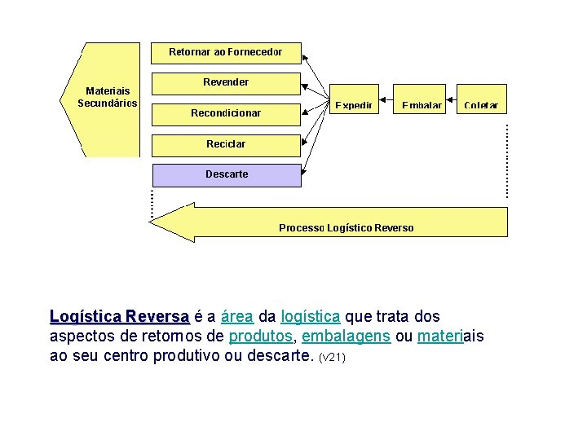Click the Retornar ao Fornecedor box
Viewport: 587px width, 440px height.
click(226, 52)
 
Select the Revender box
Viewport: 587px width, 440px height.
click(226, 82)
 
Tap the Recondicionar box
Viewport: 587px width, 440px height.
click(226, 113)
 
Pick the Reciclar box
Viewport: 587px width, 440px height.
click(226, 144)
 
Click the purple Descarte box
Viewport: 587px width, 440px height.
click(227, 174)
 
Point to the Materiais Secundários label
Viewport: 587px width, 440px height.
click(108, 97)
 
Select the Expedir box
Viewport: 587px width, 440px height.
click(354, 99)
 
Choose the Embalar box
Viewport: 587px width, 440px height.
click(421, 99)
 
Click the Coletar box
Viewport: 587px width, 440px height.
click(481, 99)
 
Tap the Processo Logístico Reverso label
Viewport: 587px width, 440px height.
click(346, 228)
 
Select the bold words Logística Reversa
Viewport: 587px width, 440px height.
click(119, 316)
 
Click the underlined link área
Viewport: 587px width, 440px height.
click(236, 316)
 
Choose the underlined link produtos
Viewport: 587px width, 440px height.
click(258, 337)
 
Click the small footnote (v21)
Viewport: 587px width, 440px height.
click(332, 358)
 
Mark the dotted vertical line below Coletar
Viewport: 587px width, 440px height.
click(507, 160)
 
